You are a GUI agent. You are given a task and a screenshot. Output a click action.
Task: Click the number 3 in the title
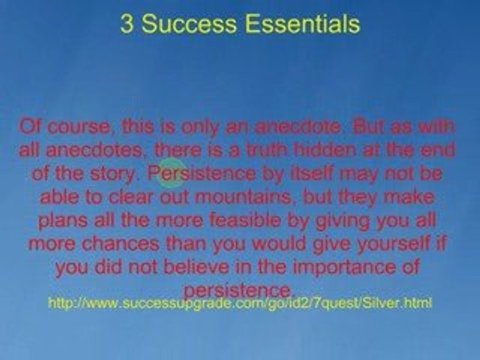[126, 24]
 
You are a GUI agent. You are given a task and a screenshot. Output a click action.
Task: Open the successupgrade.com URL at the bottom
[239, 303]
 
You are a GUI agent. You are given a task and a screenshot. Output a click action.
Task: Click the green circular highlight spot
[171, 173]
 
